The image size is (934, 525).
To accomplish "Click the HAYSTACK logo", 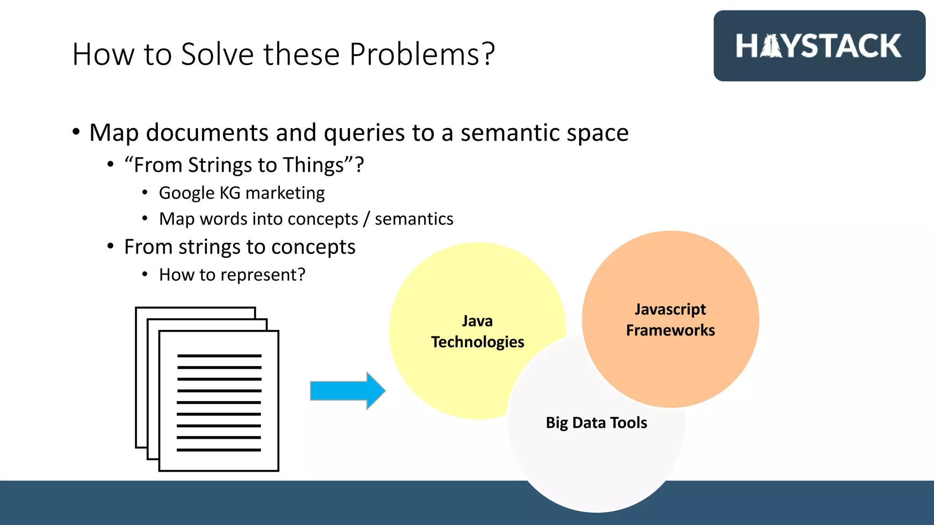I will click(x=819, y=46).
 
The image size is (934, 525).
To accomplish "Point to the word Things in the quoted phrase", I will click(x=313, y=165).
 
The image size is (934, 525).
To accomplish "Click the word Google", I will click(x=186, y=193).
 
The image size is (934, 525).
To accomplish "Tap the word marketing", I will click(x=285, y=193).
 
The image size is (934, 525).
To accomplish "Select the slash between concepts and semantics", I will click(x=366, y=219).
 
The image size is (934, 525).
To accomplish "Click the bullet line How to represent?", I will click(x=232, y=275).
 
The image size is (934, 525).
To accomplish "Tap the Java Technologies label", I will click(x=477, y=331).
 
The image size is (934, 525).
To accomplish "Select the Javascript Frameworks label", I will click(x=670, y=319).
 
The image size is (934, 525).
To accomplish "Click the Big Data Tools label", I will click(x=596, y=423).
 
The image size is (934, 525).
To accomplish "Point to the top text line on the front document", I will click(x=219, y=355).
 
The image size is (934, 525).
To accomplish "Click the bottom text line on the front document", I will click(x=219, y=450).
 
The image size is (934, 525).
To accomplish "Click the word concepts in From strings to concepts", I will click(x=313, y=247).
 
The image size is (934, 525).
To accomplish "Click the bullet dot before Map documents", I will click(x=76, y=132).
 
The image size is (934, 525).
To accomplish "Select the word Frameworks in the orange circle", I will click(x=670, y=330).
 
